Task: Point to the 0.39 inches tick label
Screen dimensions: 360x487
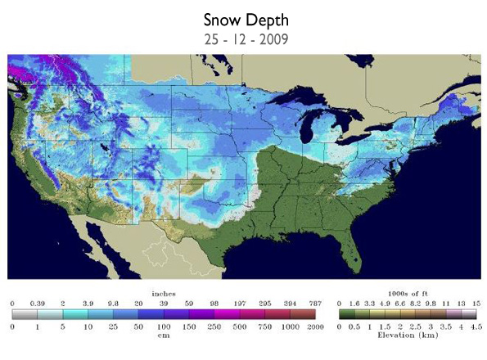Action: pos(36,302)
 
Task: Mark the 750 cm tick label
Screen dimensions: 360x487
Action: pos(264,326)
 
